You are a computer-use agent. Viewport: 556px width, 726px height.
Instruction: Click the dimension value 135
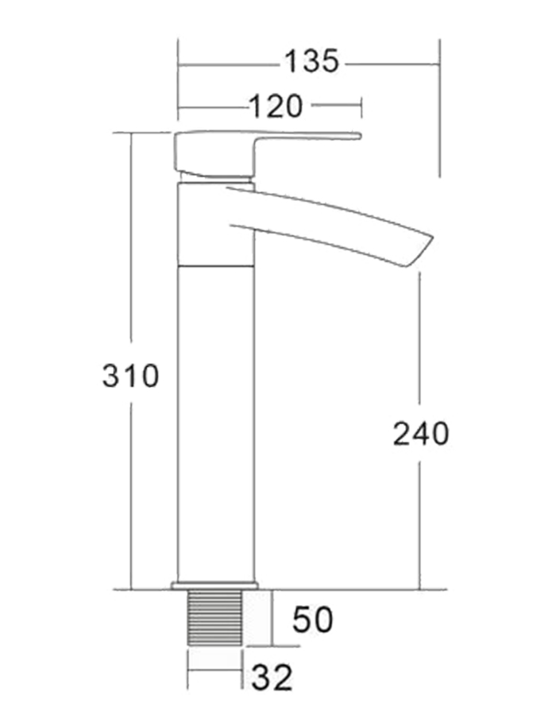pos(312,62)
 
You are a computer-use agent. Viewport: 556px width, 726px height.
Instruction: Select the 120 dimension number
pos(276,105)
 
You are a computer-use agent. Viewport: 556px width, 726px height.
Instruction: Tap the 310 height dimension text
pos(131,375)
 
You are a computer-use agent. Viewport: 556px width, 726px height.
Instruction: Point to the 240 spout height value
pos(421,434)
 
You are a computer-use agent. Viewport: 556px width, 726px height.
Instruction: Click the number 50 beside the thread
pos(312,620)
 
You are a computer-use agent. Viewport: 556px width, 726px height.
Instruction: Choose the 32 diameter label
pos(272,678)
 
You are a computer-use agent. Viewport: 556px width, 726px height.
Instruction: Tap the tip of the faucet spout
pos(420,250)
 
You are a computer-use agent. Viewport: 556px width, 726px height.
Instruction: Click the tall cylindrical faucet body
pos(215,421)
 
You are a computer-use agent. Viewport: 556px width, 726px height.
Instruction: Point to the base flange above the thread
pos(214,586)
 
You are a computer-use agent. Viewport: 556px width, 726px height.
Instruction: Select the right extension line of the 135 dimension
pos(438,119)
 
